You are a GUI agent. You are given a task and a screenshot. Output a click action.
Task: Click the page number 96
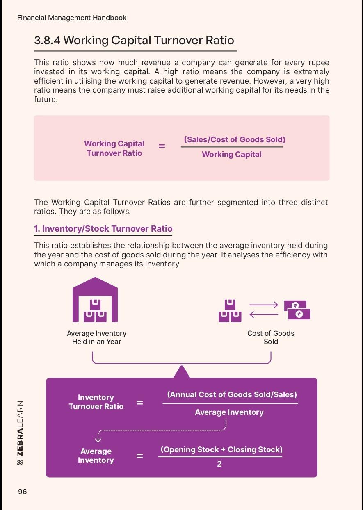23,492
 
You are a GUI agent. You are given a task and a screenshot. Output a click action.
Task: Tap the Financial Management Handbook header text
72,18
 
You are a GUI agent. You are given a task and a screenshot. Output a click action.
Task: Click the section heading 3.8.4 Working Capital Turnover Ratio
134,40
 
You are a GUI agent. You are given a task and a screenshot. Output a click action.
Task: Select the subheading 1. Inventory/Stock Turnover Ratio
103,229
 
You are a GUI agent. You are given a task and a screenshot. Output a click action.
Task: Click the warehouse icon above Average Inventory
95,300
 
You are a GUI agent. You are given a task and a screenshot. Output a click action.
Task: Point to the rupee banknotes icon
297,310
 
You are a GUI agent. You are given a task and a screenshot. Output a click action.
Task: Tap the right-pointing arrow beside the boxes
264,305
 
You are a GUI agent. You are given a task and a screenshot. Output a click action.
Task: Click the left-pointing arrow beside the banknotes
264,315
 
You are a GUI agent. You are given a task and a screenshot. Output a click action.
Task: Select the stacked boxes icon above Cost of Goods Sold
230,311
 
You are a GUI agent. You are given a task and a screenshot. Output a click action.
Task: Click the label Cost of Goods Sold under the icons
271,337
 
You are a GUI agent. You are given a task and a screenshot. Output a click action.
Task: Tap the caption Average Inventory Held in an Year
97,337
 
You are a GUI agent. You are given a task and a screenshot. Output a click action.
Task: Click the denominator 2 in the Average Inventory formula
219,464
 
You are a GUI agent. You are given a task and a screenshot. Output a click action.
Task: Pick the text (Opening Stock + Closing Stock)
221,449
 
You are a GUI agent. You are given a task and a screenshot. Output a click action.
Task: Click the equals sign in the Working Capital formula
162,146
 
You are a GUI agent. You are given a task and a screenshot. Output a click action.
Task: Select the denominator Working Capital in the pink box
232,155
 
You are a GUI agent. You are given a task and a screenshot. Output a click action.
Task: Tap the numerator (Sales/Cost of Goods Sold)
235,139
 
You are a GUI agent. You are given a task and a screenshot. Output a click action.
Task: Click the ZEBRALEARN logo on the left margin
20,433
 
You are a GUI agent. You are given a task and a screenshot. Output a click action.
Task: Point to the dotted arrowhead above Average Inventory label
98,439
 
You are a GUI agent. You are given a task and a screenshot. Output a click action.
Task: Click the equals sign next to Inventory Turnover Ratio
140,403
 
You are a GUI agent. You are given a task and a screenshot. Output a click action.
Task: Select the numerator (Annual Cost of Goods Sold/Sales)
232,394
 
